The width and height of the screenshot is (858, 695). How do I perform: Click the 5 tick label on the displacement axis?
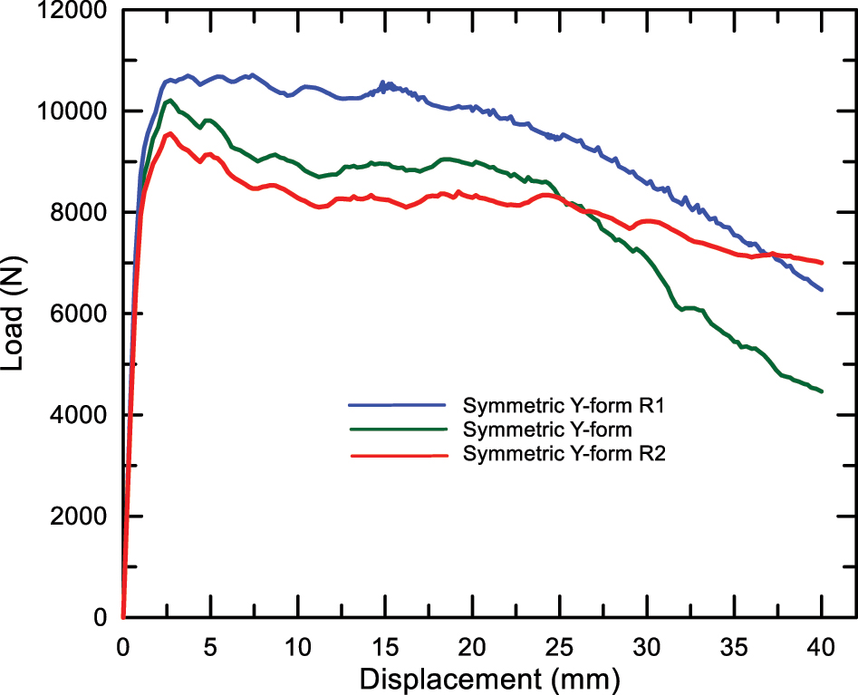pos(210,646)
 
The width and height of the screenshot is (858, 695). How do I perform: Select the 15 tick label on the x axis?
pos(385,646)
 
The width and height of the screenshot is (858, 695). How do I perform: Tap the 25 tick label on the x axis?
pos(560,646)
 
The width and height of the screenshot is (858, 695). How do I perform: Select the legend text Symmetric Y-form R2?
pos(564,454)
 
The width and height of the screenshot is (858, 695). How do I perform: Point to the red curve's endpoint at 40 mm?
pos(822,263)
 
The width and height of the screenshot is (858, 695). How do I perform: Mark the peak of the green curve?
pos(169,100)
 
